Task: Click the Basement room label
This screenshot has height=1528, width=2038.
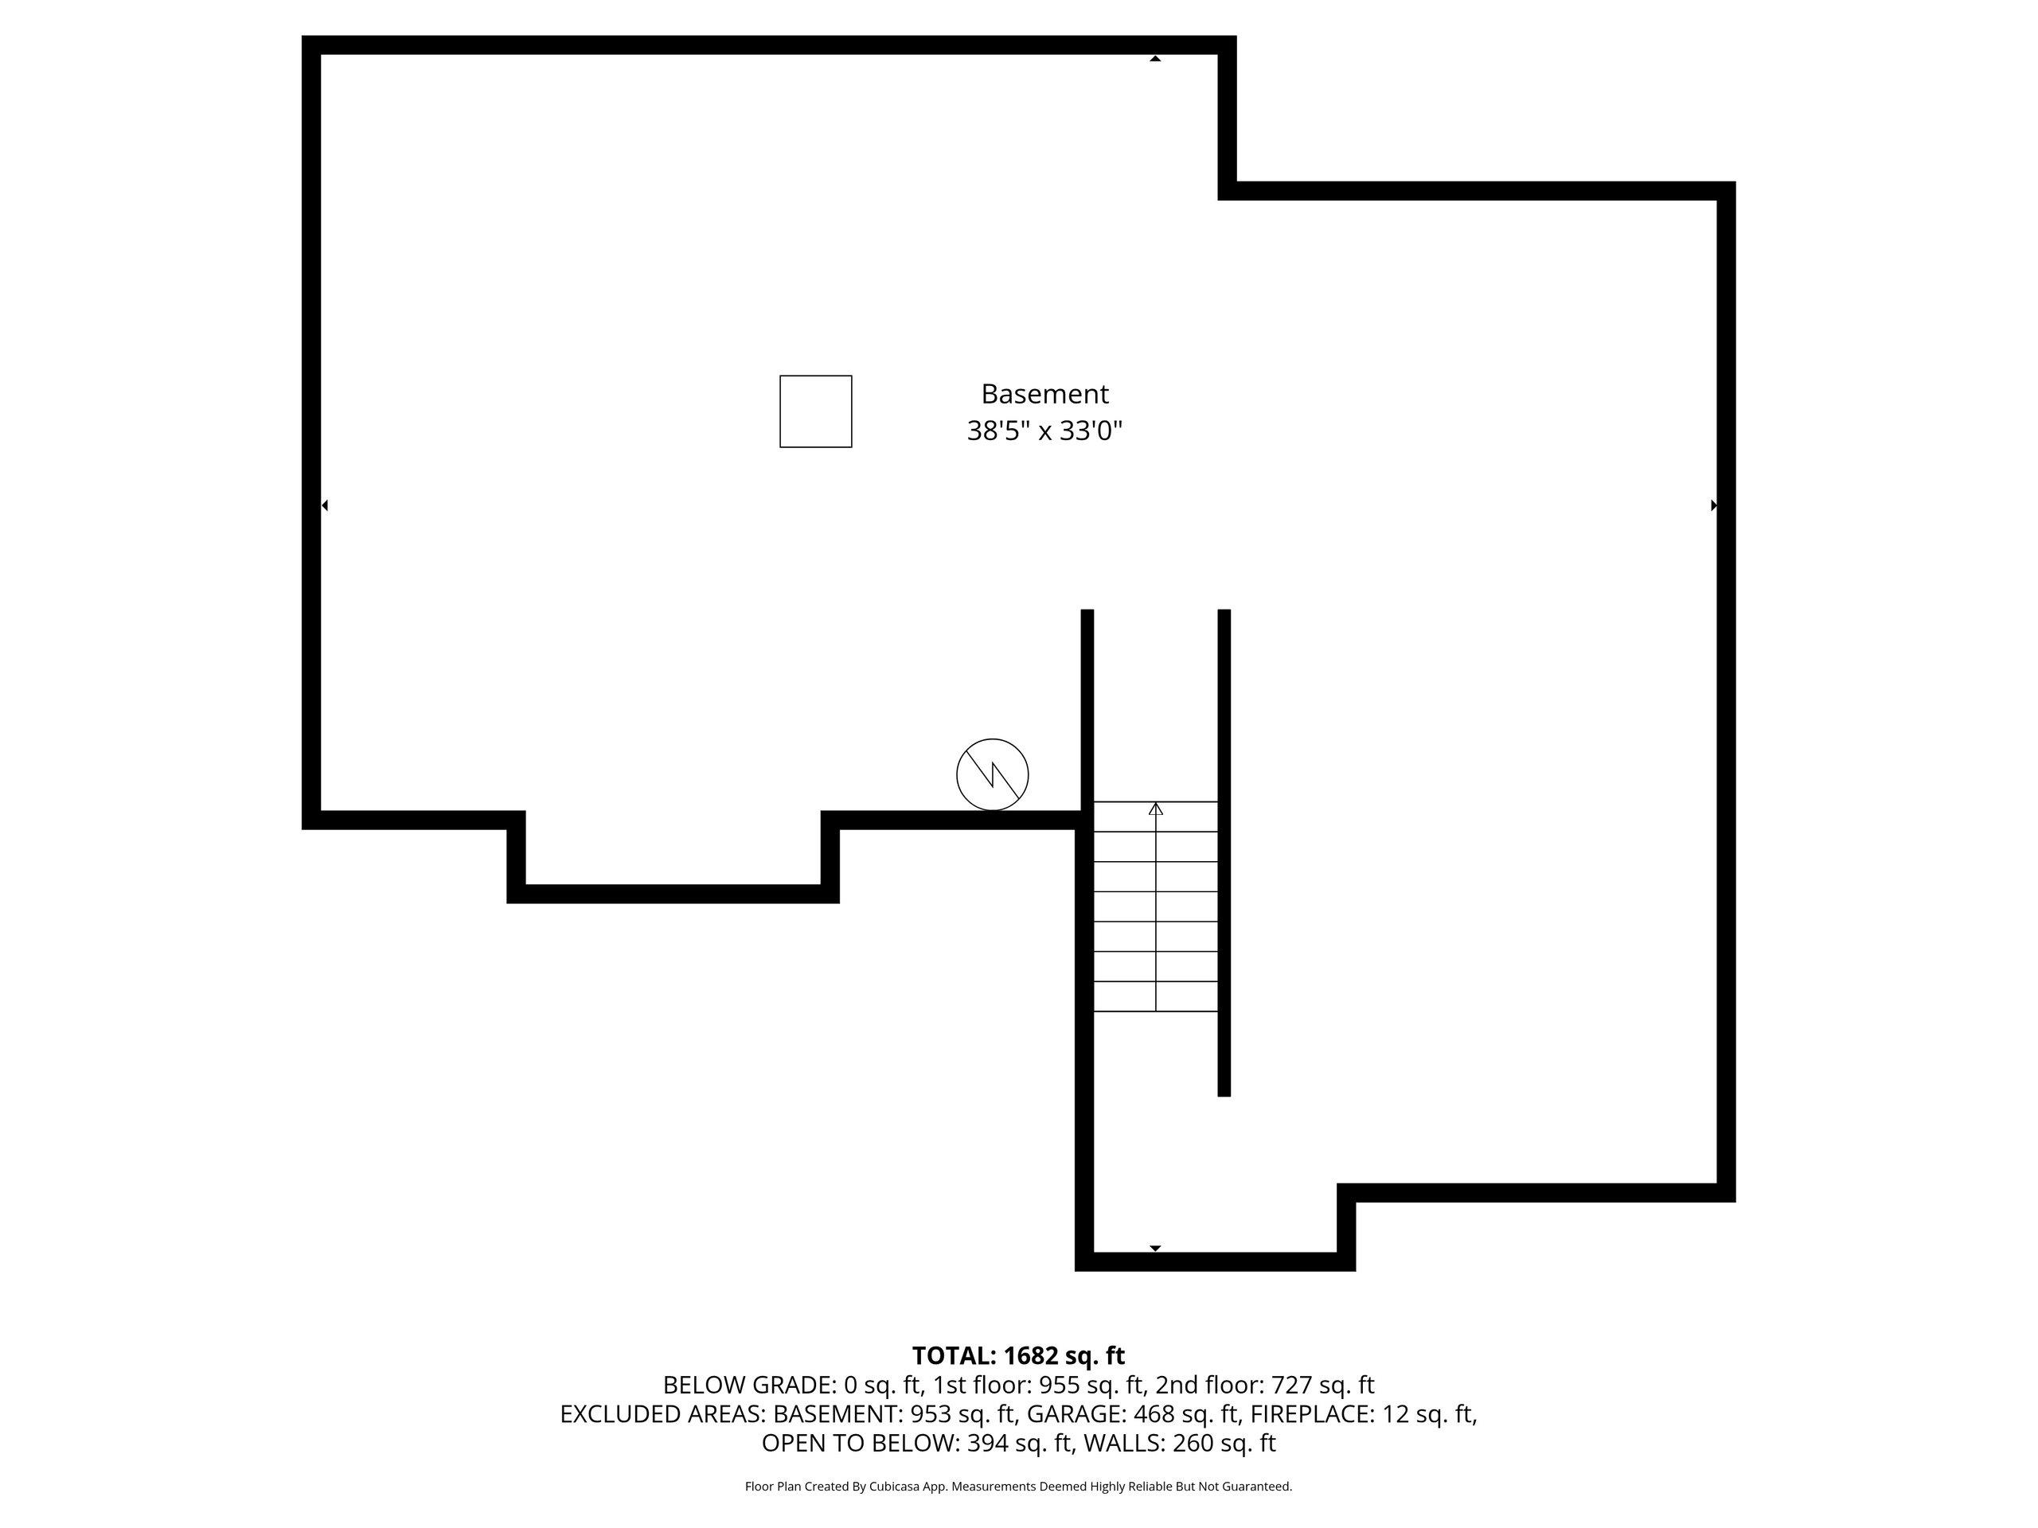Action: pyautogui.click(x=1044, y=394)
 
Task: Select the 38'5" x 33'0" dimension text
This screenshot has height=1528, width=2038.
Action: pyautogui.click(x=1044, y=431)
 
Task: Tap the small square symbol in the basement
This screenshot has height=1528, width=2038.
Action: pyautogui.click(x=815, y=411)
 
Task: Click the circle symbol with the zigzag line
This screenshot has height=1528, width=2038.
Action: pyautogui.click(x=992, y=774)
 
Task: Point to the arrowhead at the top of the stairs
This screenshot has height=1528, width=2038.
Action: pyautogui.click(x=1155, y=809)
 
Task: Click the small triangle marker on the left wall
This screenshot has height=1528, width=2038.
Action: pyautogui.click(x=324, y=505)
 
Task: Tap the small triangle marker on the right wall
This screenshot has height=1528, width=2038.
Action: pyautogui.click(x=1714, y=505)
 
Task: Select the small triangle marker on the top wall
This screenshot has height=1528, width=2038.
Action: pyautogui.click(x=1154, y=59)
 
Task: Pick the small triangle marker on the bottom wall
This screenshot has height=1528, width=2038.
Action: pyautogui.click(x=1154, y=1248)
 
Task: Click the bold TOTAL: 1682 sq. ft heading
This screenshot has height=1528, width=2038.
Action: pyautogui.click(x=1018, y=1356)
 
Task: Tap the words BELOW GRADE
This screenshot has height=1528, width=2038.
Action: pyautogui.click(x=748, y=1386)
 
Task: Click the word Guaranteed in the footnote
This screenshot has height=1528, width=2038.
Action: pyautogui.click(x=1258, y=1487)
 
